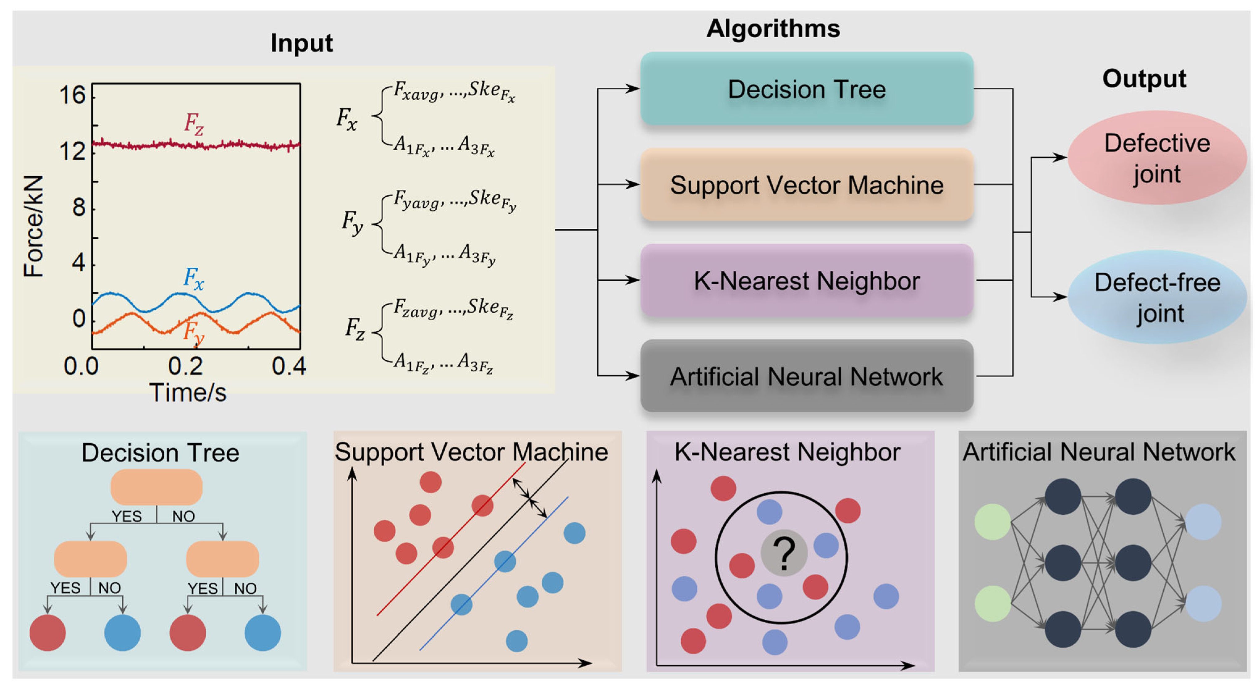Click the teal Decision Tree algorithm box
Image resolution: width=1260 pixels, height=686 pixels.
pyautogui.click(x=807, y=89)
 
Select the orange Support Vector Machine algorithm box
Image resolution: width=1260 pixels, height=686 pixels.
pyautogui.click(x=807, y=184)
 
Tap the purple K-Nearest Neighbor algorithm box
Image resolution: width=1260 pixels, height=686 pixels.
pyautogui.click(x=807, y=280)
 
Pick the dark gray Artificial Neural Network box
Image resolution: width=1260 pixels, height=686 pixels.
pyautogui.click(x=807, y=376)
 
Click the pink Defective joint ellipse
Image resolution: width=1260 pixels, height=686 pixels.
pyautogui.click(x=1157, y=157)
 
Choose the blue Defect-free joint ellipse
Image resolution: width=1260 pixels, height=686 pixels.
pyautogui.click(x=1157, y=297)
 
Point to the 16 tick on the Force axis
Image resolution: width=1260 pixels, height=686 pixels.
pyautogui.click(x=72, y=94)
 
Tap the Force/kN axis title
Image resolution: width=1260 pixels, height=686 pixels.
pyautogui.click(x=34, y=226)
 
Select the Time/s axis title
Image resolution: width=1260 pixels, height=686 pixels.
pyautogui.click(x=188, y=393)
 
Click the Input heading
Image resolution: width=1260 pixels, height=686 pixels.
pyautogui.click(x=301, y=43)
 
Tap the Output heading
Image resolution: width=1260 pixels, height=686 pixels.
pyautogui.click(x=1144, y=78)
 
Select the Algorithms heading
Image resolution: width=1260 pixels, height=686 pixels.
pyautogui.click(x=773, y=28)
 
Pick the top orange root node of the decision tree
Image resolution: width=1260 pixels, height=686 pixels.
pyautogui.click(x=157, y=487)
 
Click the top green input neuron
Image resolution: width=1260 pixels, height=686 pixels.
pyautogui.click(x=993, y=522)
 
